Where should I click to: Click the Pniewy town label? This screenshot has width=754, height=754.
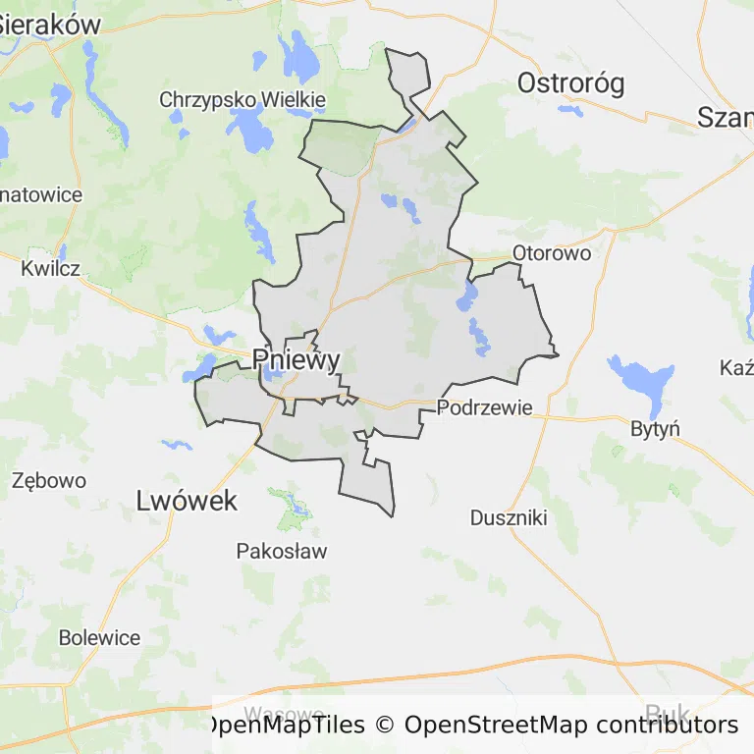coord(296,359)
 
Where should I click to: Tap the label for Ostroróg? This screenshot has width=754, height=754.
coord(570,83)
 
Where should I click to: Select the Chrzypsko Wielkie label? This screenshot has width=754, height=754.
coord(242,99)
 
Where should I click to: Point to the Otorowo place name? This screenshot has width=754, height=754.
coord(552,253)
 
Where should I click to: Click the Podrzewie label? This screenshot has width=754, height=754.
coord(485,407)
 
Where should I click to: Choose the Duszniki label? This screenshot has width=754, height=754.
coord(509,517)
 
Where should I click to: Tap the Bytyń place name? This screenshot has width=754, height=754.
coord(656,429)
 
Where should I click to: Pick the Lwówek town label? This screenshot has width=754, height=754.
coord(187,501)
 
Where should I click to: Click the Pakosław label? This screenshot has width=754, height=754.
coord(282,551)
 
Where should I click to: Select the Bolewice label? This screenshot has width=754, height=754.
coord(99,637)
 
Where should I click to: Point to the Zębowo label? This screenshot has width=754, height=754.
coord(49,481)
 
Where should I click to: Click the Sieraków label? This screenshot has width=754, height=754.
coord(49,25)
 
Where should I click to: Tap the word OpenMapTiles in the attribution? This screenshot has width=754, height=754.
coord(285,726)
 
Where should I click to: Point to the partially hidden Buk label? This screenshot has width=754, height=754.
coord(668,712)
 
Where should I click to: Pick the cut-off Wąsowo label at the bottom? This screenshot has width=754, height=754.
coord(285,713)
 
